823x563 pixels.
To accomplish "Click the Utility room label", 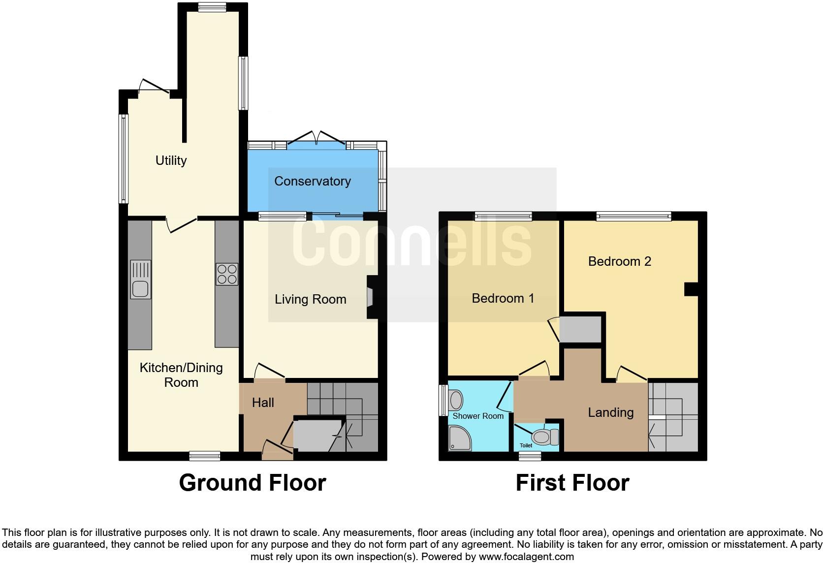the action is (x=171, y=160).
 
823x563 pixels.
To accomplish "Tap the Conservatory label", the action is (x=312, y=181).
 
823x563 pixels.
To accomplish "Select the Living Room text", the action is (x=311, y=299).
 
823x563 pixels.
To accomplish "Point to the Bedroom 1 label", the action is (x=503, y=298).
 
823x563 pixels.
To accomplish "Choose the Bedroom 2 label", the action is (x=619, y=261).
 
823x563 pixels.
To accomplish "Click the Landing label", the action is (x=611, y=412).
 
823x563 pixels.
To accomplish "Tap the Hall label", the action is (x=263, y=403).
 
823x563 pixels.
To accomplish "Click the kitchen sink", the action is (x=140, y=280).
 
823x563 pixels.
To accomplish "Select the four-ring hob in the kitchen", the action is (x=227, y=274).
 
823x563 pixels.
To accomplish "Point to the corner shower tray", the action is (x=459, y=438).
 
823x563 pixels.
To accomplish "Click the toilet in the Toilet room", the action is (x=545, y=437).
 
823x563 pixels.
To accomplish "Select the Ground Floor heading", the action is (x=253, y=483).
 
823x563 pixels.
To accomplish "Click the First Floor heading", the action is (x=572, y=483).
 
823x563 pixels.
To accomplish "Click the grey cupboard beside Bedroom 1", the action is (x=580, y=329).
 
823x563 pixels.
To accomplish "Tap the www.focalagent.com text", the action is (x=527, y=557).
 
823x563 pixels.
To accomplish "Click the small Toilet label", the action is (x=526, y=445).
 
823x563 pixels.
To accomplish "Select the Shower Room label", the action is (x=477, y=416).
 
